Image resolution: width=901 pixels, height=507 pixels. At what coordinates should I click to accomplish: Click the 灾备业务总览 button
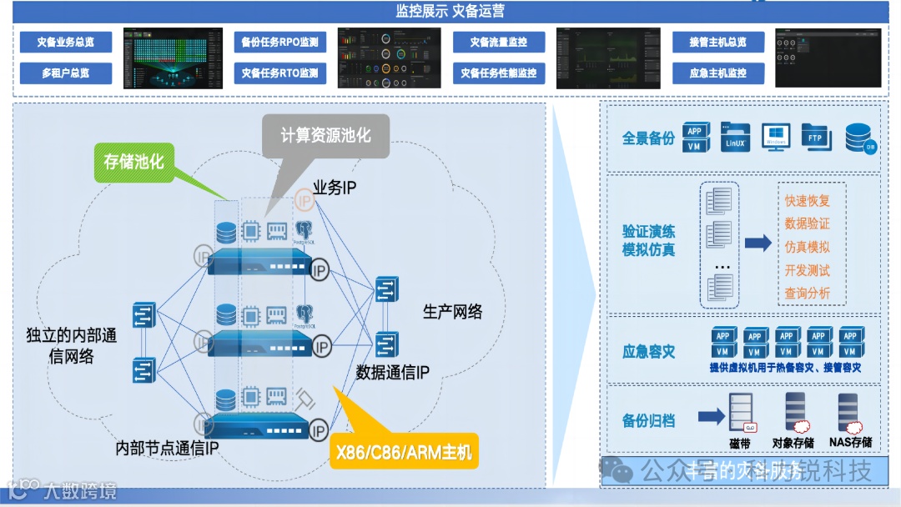[x=66, y=43]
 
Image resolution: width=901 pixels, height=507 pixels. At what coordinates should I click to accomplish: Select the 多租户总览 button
[x=66, y=73]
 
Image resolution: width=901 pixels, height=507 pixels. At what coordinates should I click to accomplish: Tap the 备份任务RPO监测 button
[x=279, y=43]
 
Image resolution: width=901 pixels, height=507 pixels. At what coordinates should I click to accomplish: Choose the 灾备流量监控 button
[x=498, y=43]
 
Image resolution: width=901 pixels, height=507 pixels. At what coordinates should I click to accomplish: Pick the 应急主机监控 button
[x=718, y=73]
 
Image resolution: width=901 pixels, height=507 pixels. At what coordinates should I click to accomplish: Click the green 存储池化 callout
[x=133, y=162]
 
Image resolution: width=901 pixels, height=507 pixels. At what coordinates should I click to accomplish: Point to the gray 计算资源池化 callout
[x=325, y=136]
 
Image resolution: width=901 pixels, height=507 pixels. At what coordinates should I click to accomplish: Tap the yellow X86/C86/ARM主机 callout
[x=404, y=451]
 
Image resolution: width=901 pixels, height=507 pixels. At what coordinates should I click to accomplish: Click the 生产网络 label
[x=452, y=313]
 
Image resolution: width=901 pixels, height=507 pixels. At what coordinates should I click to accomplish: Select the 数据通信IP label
[x=392, y=373]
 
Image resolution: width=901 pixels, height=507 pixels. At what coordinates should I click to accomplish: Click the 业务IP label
[x=335, y=188]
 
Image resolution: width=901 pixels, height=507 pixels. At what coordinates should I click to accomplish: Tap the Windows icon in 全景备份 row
[x=775, y=138]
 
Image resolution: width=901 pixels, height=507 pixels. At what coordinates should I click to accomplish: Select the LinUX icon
[x=734, y=138]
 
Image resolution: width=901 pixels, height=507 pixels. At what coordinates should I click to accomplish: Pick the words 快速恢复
[x=807, y=201]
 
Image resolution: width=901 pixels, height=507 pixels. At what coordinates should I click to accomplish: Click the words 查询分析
[x=807, y=294]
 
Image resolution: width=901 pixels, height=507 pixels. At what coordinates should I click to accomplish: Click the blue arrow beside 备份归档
[x=711, y=416]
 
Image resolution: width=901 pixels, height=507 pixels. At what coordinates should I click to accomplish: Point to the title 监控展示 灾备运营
[x=450, y=12]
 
